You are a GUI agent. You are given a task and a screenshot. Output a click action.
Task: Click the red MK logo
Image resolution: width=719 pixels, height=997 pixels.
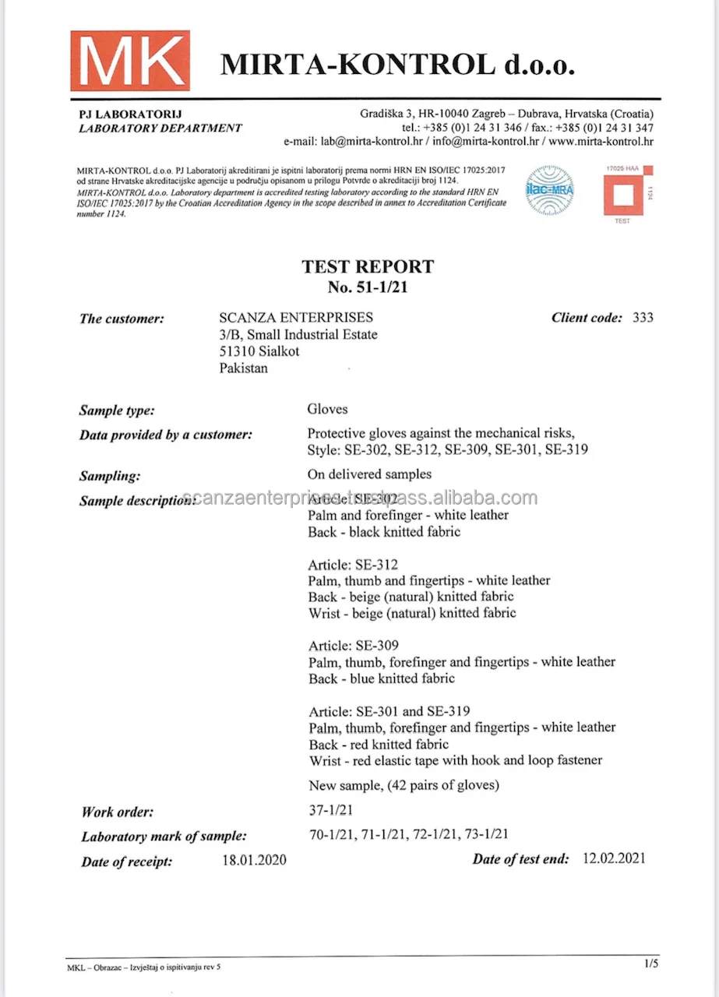(x=130, y=61)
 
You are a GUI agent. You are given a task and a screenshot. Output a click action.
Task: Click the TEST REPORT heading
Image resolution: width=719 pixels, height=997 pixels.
(x=368, y=267)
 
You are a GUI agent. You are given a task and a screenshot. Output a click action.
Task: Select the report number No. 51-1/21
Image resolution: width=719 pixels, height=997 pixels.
(x=368, y=287)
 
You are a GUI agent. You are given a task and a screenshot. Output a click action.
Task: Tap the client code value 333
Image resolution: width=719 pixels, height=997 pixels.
(x=643, y=318)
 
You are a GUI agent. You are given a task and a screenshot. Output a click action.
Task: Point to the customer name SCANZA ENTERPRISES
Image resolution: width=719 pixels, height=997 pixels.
(x=296, y=318)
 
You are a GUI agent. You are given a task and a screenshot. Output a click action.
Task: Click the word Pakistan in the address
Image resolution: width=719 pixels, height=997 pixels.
(x=244, y=368)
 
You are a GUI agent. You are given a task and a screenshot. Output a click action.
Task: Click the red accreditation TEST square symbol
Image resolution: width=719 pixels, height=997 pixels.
(x=627, y=193)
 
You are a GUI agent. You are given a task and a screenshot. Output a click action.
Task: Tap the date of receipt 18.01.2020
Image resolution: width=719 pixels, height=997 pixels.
(x=254, y=861)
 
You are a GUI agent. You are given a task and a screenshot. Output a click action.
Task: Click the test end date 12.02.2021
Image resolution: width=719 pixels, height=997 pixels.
(x=614, y=859)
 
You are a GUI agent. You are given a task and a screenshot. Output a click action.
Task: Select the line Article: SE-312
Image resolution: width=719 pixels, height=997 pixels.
(x=354, y=564)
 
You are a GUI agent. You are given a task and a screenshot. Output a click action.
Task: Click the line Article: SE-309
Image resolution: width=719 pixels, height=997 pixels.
(x=354, y=646)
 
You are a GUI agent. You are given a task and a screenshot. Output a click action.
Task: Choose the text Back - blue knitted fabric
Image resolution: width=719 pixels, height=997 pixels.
(x=382, y=679)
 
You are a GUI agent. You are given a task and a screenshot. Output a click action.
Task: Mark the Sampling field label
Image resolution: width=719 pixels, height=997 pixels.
(x=110, y=476)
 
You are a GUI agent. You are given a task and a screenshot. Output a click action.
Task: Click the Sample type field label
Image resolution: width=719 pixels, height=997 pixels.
(x=117, y=410)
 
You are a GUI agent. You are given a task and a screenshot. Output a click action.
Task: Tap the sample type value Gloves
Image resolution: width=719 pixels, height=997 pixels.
(x=328, y=409)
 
